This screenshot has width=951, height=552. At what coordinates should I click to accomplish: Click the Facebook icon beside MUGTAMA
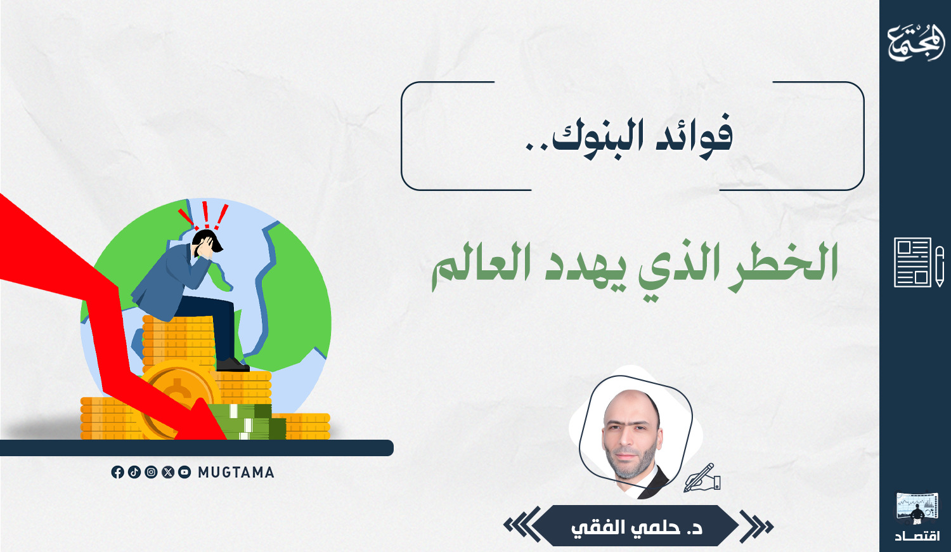click(117, 472)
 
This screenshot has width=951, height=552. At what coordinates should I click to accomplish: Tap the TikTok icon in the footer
click(134, 472)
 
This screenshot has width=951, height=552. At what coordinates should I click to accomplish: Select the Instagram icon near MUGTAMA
click(151, 472)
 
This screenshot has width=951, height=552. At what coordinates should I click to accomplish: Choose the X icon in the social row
click(168, 472)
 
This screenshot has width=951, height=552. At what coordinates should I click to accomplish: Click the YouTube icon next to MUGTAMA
click(184, 472)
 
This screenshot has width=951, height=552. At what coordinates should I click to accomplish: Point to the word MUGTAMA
click(236, 473)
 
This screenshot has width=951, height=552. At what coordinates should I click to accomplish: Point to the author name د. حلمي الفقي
click(637, 527)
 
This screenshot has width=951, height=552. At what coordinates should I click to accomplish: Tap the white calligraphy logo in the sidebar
click(916, 43)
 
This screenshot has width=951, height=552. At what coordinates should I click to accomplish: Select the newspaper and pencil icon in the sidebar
click(919, 262)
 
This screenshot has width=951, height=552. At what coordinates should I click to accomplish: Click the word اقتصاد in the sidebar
click(917, 536)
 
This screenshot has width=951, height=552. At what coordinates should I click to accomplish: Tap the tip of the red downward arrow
click(224, 438)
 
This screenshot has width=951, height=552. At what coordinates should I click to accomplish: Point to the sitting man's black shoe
click(233, 365)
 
